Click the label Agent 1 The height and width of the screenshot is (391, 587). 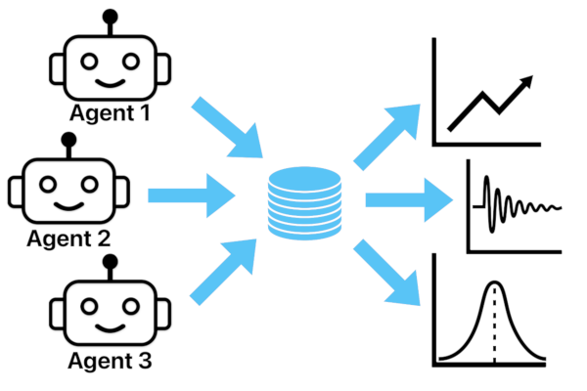(x=110, y=113)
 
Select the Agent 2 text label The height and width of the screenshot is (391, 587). (x=68, y=237)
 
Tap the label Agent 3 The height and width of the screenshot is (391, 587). (x=110, y=362)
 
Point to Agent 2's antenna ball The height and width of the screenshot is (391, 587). (x=68, y=140)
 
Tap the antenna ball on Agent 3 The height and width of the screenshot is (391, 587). (x=110, y=263)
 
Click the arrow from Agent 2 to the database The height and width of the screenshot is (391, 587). (x=192, y=196)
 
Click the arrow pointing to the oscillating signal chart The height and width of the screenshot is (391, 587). (x=407, y=200)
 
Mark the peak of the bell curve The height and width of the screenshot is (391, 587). (x=495, y=283)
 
